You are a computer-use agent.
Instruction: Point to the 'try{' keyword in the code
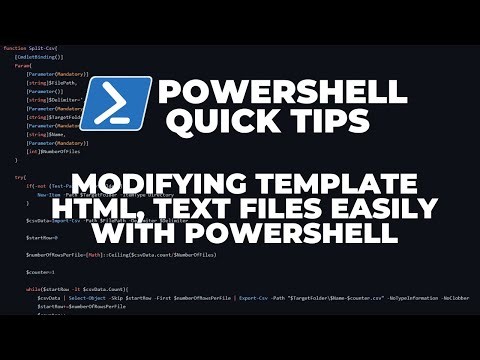click(x=20, y=177)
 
